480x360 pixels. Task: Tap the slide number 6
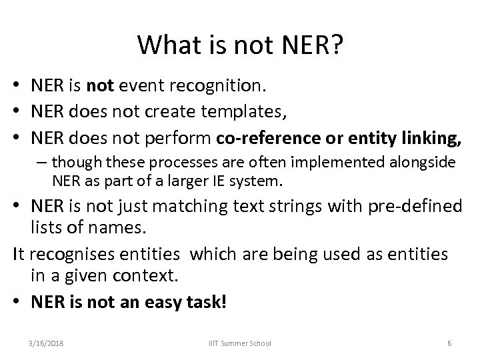(450, 343)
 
